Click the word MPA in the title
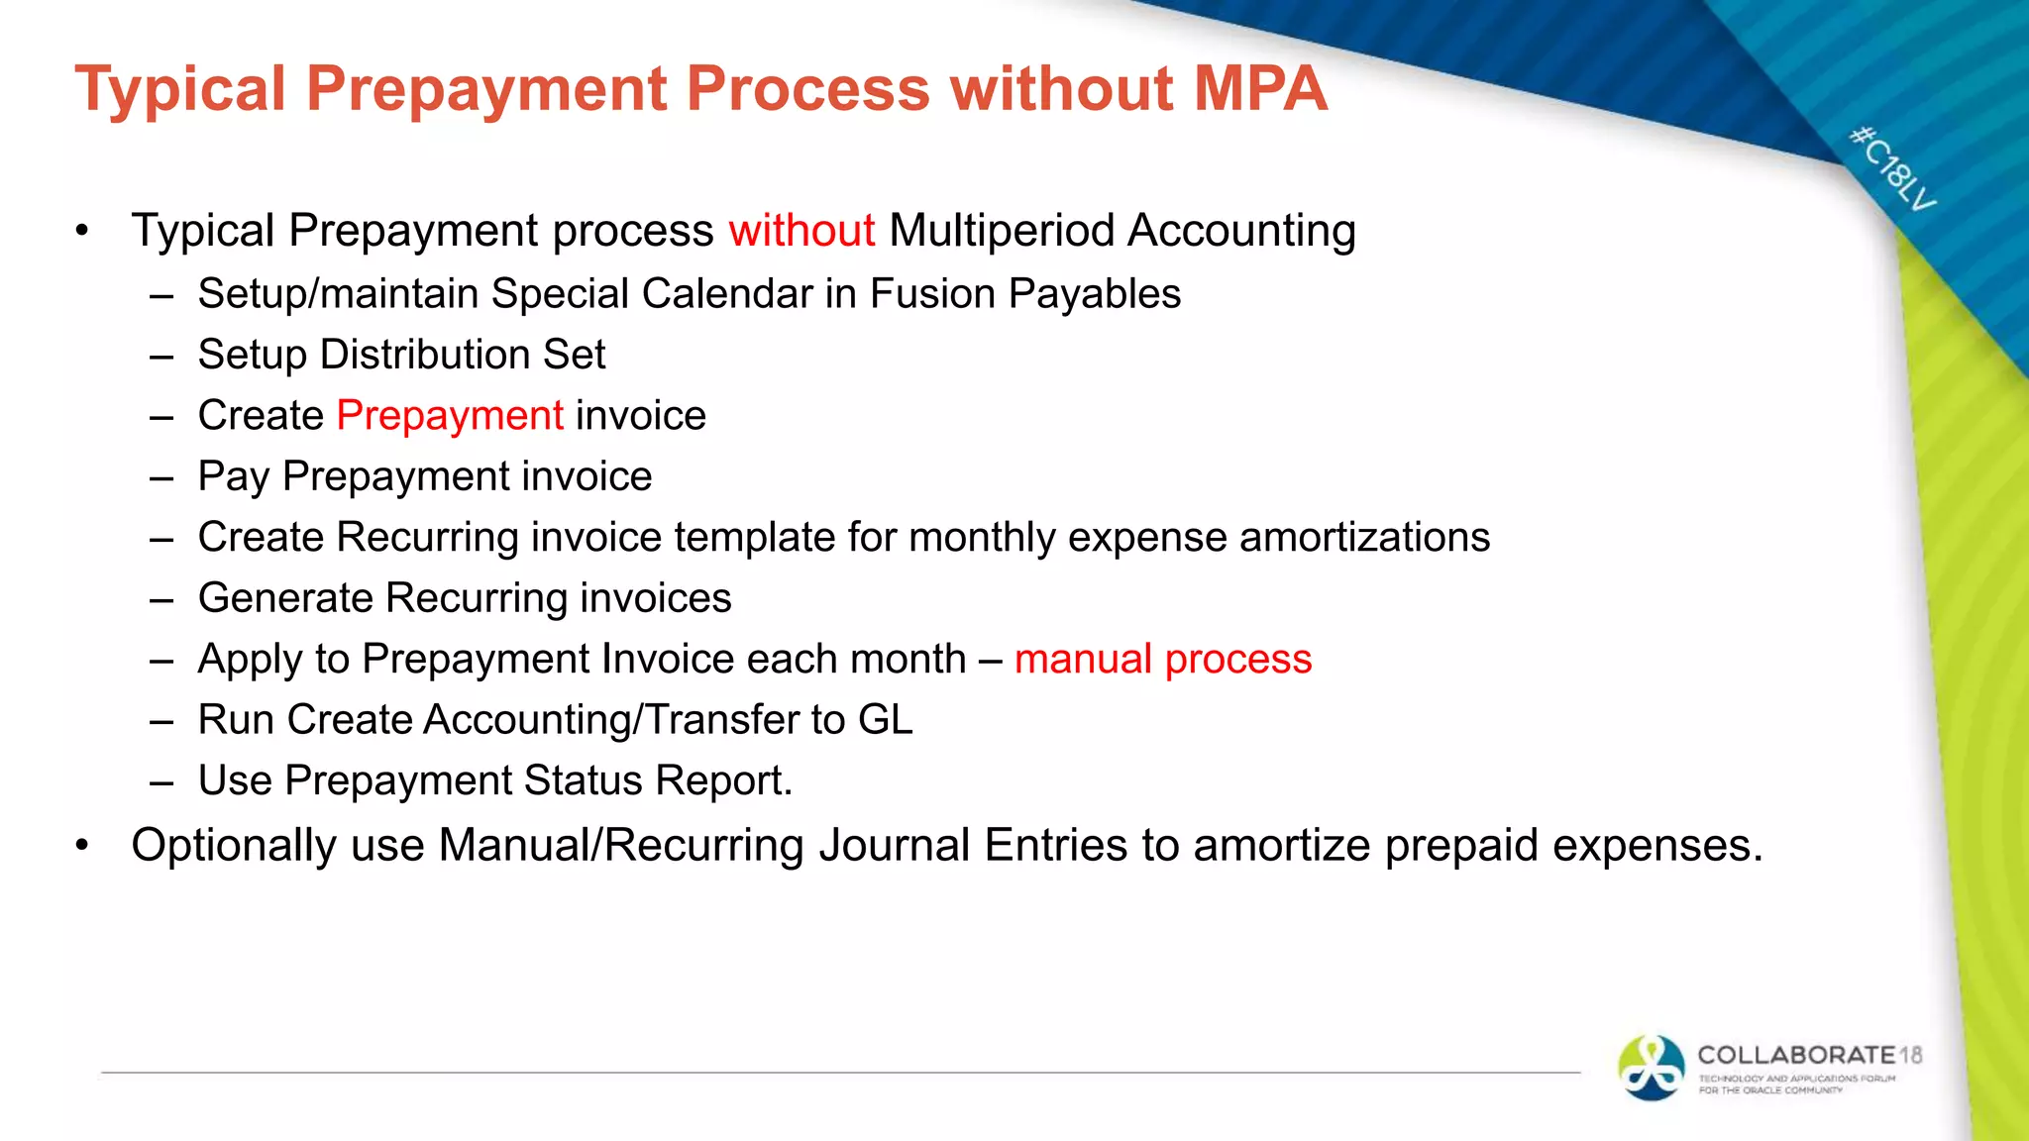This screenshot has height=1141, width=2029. click(x=1259, y=89)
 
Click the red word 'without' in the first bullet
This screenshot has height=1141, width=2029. click(x=801, y=231)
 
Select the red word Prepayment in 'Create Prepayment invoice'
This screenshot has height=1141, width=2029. click(x=450, y=416)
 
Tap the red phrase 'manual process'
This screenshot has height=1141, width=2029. click(x=1162, y=660)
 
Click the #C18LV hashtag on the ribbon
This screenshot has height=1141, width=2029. click(x=1892, y=168)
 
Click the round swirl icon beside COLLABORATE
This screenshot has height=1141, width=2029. click(x=1651, y=1068)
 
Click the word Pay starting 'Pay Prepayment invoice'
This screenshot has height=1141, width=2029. click(x=234, y=477)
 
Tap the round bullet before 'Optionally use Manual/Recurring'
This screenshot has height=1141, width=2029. click(x=83, y=846)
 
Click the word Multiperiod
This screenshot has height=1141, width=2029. click(x=1002, y=231)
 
